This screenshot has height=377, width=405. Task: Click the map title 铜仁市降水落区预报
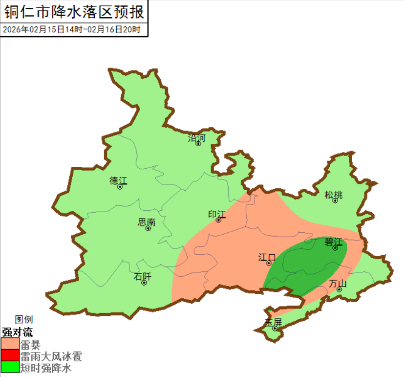pos(73,11)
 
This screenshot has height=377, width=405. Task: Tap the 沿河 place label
pos(196,138)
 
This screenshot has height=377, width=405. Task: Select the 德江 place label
pos(118,180)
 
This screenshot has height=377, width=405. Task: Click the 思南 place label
pos(147,222)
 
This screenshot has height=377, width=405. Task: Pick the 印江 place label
pos(216,214)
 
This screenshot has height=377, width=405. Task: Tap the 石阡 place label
pos(143,277)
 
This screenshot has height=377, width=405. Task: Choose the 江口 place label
pos(267,257)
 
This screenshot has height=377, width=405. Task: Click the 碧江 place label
pos(334,242)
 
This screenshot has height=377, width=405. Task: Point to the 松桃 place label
pos(334,195)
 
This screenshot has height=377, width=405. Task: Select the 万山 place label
pos(338,283)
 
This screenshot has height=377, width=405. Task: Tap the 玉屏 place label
pos(274,322)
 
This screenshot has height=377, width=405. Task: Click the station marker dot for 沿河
pos(198,144)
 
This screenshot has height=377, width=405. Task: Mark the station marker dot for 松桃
pos(336,200)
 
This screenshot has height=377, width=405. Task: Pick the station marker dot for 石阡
pos(144,283)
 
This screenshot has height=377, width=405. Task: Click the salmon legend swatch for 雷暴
pos(10,344)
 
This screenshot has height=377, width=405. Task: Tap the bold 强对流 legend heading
pos(17,332)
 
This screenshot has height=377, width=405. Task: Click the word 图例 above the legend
pos(24,320)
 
